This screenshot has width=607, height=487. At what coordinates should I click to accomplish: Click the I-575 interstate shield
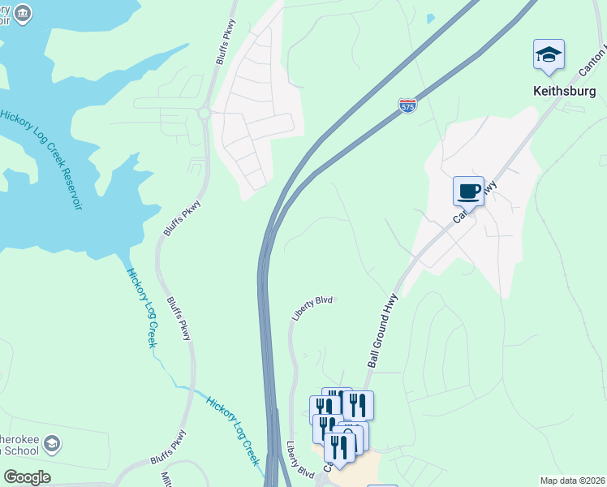click(x=407, y=106)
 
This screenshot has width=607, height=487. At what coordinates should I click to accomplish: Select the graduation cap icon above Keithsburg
click(x=549, y=55)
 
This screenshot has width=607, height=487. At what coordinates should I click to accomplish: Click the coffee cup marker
click(x=468, y=192)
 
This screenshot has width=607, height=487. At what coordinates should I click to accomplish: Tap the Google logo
click(x=27, y=477)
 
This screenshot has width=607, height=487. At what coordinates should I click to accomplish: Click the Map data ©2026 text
click(x=572, y=481)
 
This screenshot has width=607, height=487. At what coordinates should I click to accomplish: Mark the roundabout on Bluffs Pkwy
click(x=204, y=114)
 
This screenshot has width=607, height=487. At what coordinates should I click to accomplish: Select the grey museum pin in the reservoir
click(x=23, y=13)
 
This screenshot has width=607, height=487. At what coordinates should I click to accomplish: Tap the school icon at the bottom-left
click(x=53, y=444)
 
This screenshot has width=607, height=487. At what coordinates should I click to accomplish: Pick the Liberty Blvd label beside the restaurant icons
click(x=299, y=459)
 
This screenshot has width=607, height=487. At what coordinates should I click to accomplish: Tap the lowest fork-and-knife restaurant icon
click(x=339, y=448)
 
